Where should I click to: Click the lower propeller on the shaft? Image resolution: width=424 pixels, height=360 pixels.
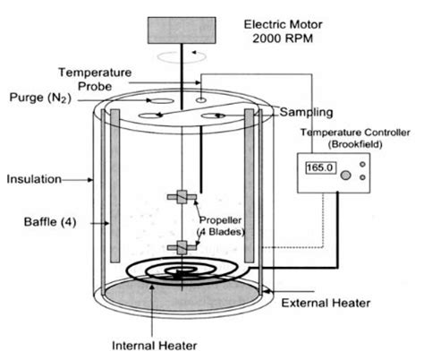coord(181,247)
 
